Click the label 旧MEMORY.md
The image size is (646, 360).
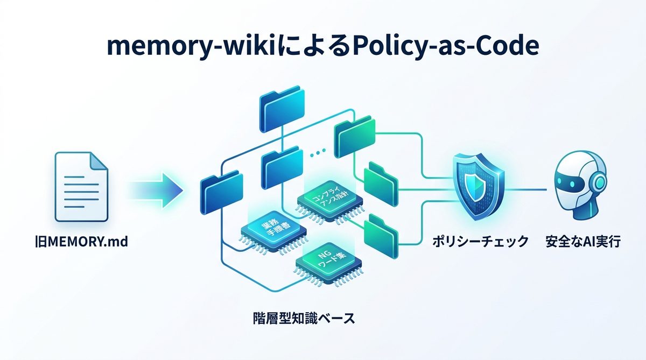(81, 242)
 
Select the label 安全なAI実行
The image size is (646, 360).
(582, 242)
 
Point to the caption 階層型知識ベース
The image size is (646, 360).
(304, 317)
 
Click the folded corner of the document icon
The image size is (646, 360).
(97, 161)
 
